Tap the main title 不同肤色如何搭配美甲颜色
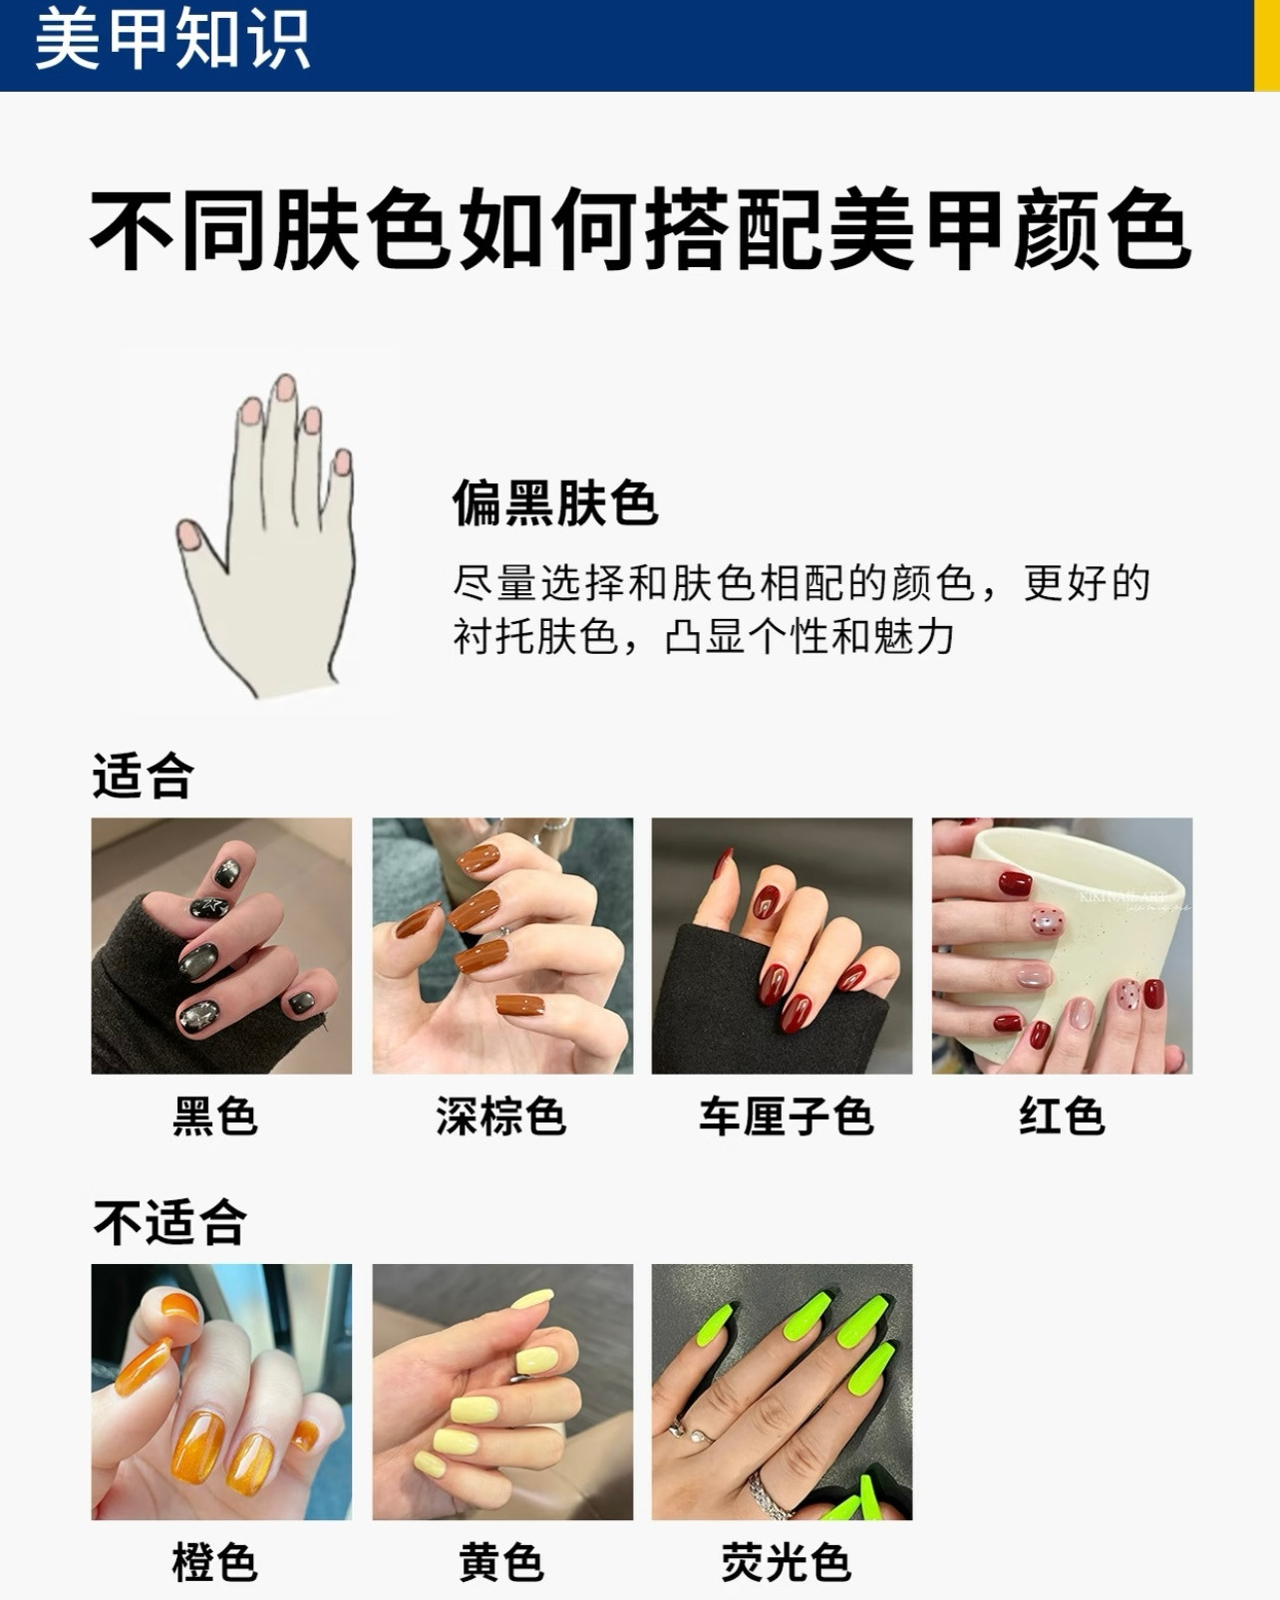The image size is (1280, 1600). tap(639, 230)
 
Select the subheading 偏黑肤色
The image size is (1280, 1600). tap(554, 501)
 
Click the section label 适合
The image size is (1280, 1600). tap(143, 776)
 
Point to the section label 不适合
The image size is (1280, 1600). tap(169, 1222)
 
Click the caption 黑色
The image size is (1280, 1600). tap(215, 1117)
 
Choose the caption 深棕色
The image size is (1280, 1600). tap(500, 1117)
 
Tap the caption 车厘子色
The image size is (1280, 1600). tap(786, 1117)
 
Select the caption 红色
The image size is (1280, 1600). tap(1062, 1117)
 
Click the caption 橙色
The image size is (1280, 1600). tap(215, 1562)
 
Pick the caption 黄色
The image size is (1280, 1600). tap(500, 1562)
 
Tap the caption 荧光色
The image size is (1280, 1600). tap(786, 1562)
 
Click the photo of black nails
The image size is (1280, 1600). tap(221, 946)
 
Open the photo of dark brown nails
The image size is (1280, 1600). tap(502, 946)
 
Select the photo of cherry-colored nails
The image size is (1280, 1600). tap(782, 946)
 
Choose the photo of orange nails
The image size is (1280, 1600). tap(221, 1392)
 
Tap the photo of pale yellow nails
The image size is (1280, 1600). tap(502, 1392)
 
